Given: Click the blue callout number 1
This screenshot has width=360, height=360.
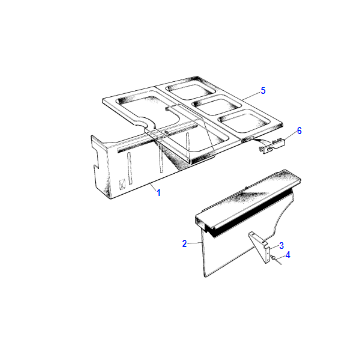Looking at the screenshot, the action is coord(159,192).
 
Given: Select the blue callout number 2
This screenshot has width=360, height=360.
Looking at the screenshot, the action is coord(184,244).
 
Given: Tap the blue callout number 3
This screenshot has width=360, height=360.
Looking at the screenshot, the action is coord(281,246).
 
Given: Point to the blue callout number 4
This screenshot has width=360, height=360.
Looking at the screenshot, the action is coord(288,255).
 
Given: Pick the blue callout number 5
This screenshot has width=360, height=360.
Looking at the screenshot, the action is coord(263,90).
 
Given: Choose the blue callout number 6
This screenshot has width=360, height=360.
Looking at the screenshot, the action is coord(299,131).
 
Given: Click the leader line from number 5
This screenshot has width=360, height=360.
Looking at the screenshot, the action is coord(250,95).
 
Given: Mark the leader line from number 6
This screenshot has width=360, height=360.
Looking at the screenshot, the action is coord(289,136).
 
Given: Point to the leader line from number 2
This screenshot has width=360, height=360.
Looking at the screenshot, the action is coord(195,244).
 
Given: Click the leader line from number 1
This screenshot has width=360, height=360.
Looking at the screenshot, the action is coord(153,187).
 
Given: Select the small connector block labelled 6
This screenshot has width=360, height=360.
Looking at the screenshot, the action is coord(271,147).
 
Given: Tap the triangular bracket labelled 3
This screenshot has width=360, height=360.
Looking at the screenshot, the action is coord(260,247).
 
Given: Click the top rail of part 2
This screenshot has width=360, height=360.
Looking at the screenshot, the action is coord(248,199).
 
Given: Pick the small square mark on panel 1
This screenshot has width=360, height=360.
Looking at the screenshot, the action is coord(122,184).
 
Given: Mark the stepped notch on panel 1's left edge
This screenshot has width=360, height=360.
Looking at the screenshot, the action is coord(97,158).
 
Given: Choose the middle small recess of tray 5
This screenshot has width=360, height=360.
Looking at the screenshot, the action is coord(217,104).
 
